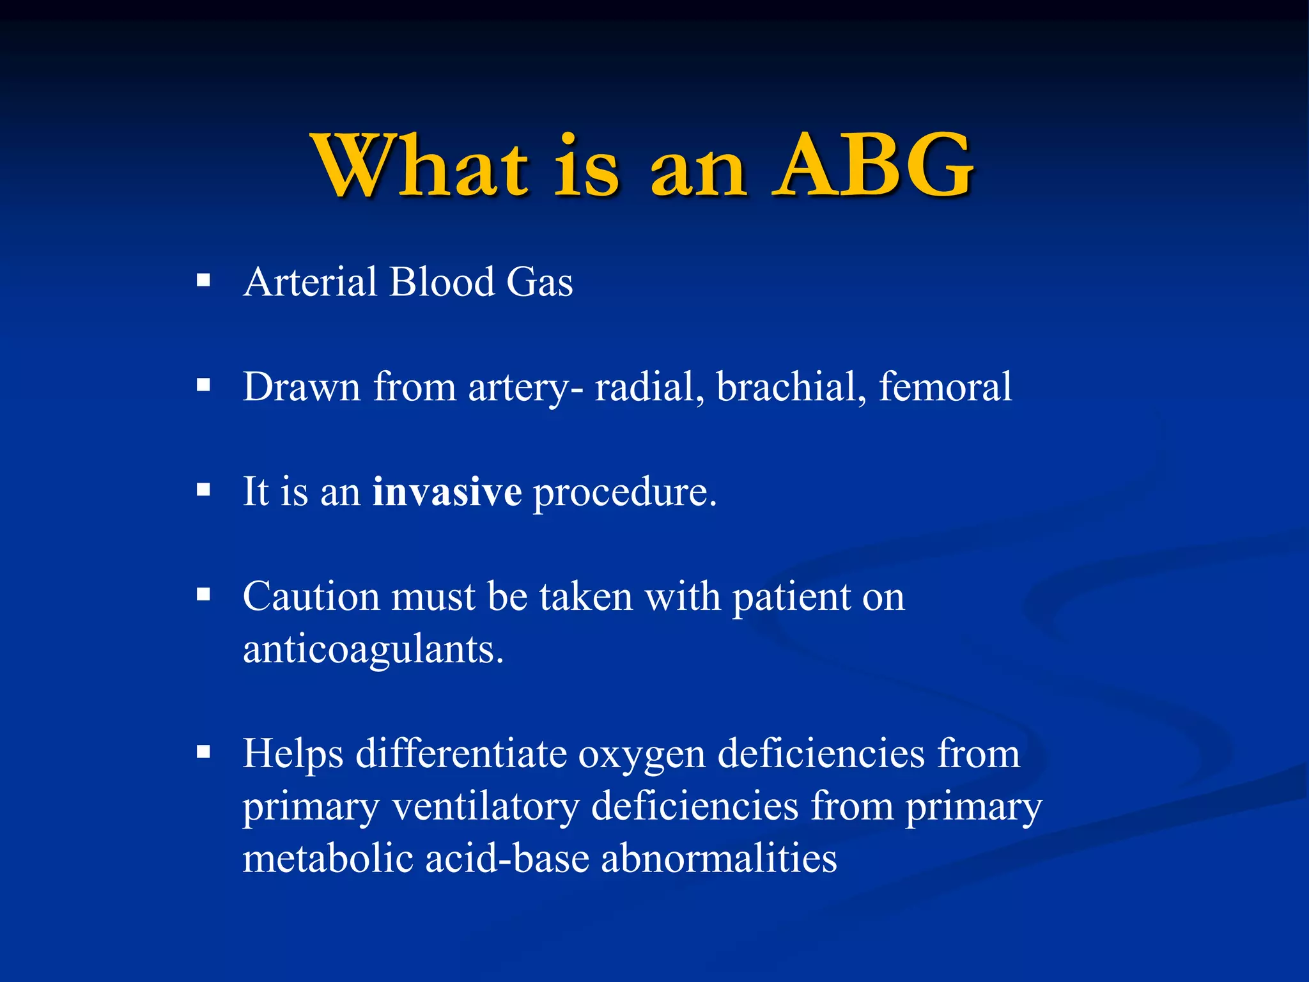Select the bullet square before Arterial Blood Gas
[x=203, y=280]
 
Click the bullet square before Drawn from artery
[x=203, y=385]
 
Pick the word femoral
[x=945, y=387]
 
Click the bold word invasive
[x=447, y=492]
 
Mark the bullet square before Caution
[x=203, y=595]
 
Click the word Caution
[x=311, y=596]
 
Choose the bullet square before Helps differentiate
[x=203, y=751]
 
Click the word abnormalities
[x=718, y=858]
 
